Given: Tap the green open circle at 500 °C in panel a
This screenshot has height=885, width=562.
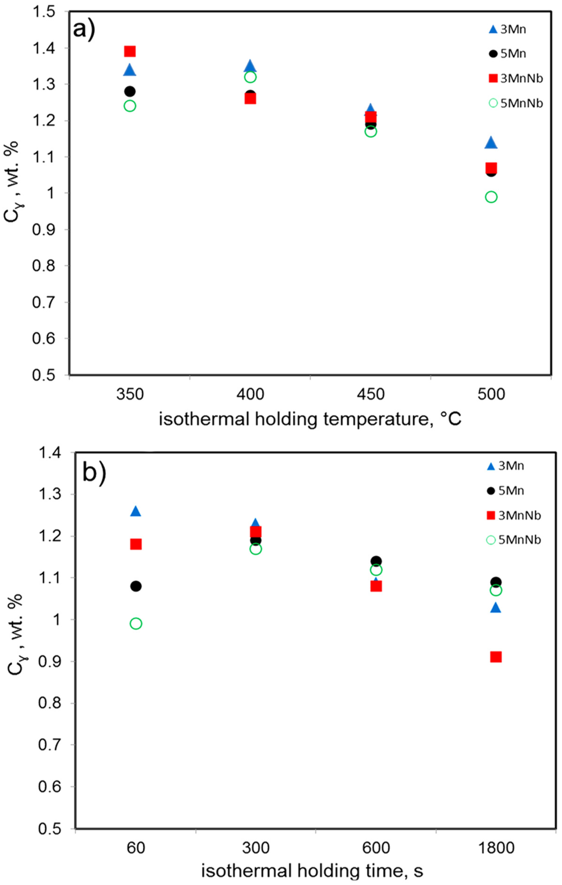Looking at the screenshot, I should tap(491, 197).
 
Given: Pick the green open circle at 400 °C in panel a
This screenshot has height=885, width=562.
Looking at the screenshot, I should tap(250, 77).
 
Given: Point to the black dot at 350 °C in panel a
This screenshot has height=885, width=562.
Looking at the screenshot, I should tap(130, 91).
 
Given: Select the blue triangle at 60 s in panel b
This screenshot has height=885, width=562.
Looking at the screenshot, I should tap(136, 511).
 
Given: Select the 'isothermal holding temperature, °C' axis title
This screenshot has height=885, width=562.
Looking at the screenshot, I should tap(310, 419).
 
